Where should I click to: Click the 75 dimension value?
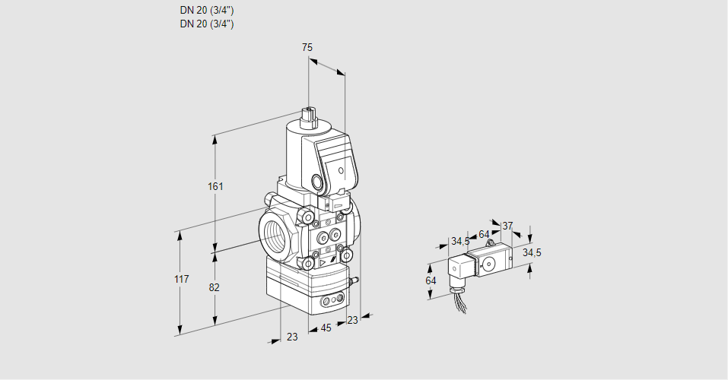[x=307, y=47]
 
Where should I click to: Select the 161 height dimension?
[x=216, y=187]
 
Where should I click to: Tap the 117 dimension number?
[x=180, y=280]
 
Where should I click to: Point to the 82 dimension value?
[x=215, y=287]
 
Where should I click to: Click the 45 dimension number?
[x=326, y=328]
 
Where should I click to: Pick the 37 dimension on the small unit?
[x=507, y=226]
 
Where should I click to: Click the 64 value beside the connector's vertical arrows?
[x=431, y=280]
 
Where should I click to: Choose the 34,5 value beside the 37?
[x=532, y=252]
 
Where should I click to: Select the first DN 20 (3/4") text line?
[x=207, y=10]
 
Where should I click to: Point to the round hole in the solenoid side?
[x=316, y=182]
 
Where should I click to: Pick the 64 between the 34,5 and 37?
[x=484, y=234]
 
